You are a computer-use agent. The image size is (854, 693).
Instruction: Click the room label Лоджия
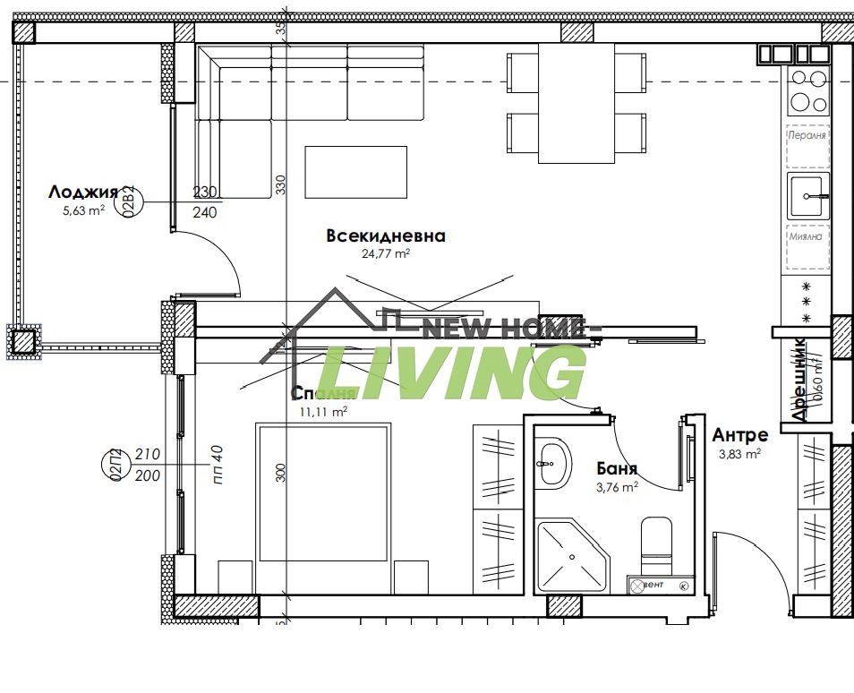pos(83,192)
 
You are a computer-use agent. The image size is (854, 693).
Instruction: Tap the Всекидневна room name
pos(385,236)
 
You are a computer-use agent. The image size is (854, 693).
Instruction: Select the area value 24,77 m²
pos(385,253)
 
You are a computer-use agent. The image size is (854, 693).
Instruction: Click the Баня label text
pos(617,468)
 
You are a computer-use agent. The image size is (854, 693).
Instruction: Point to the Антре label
pos(739,435)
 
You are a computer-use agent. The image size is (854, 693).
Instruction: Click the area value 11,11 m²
pos(323,412)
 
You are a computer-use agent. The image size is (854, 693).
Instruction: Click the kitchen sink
pos(808,195)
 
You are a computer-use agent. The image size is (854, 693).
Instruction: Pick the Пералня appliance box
pos(807,136)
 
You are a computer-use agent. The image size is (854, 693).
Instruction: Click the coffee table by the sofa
pos(355,171)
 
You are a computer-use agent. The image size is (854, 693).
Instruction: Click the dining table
pos(576,104)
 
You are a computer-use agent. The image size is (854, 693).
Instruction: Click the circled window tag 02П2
pos(115,466)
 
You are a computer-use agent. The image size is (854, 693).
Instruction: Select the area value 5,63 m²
pos(83,210)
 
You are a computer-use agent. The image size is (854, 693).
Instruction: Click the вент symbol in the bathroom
pos(649,586)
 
